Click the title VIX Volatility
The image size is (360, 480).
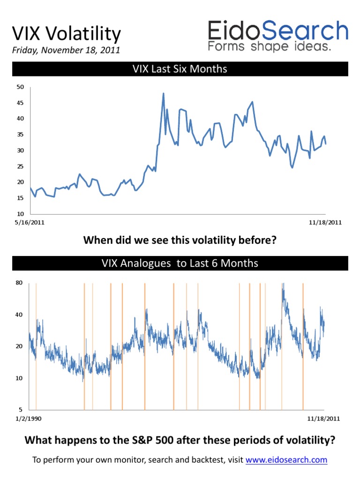[x=66, y=34]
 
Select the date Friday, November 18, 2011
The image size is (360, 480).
[x=66, y=50]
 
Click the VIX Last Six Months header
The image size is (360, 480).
[x=180, y=69]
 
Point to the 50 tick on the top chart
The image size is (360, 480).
[x=20, y=87]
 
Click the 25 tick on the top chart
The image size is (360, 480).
[x=20, y=166]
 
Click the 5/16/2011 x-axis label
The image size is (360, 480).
[x=30, y=223]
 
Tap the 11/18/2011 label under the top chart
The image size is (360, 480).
[x=326, y=223]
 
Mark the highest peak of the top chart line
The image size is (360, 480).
[x=163, y=93]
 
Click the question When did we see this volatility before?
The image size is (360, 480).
[x=180, y=240]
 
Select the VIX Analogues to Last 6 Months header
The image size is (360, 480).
[x=180, y=263]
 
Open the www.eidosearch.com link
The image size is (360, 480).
[x=286, y=460]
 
